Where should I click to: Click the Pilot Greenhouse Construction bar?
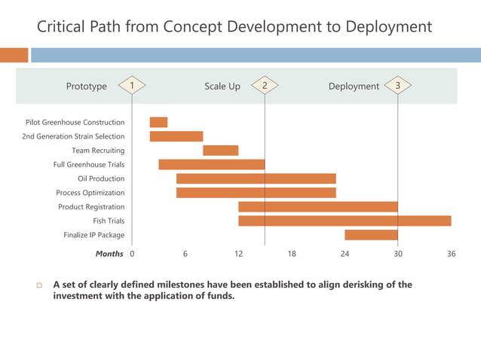(x=158, y=122)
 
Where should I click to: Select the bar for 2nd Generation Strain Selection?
(x=176, y=136)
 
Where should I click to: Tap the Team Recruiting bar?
(x=220, y=151)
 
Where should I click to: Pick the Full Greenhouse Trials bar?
(x=211, y=164)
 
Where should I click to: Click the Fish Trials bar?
(x=345, y=221)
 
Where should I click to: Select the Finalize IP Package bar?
(x=371, y=235)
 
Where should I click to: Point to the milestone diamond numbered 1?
(x=132, y=86)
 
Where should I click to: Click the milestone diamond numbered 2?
(x=265, y=86)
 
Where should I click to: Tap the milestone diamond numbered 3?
(x=397, y=86)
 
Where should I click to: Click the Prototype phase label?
(x=87, y=87)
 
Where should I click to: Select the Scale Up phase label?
(x=222, y=87)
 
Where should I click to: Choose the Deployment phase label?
(x=354, y=87)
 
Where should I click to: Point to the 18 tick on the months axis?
(x=292, y=255)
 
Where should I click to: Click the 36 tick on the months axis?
(x=451, y=255)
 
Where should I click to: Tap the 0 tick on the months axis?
(x=133, y=255)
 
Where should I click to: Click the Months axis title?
(x=109, y=255)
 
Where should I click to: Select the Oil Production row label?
(x=101, y=178)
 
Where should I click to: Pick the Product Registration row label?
(x=91, y=207)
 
